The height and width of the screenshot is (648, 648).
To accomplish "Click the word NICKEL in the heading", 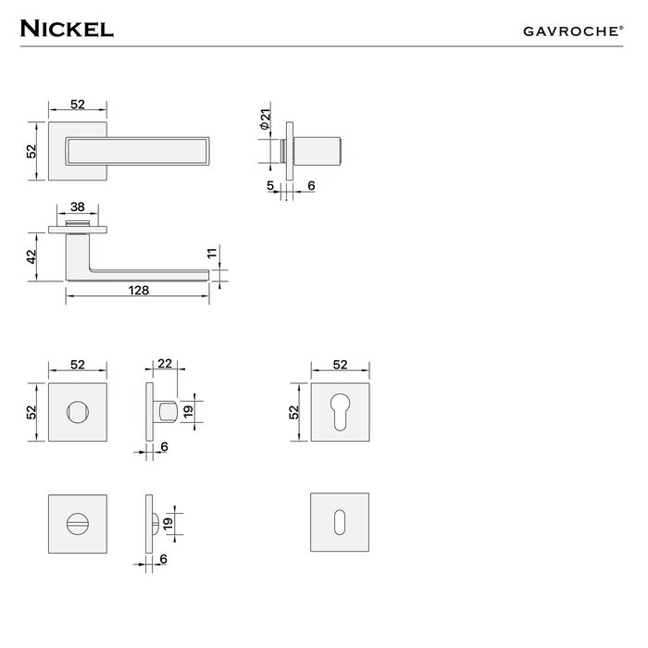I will pyautogui.click(x=66, y=28).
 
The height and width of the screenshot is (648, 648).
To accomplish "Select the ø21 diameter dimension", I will pyautogui.click(x=265, y=118).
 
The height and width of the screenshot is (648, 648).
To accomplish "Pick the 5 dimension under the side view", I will pyautogui.click(x=271, y=186).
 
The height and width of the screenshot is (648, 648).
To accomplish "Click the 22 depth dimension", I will pyautogui.click(x=165, y=365).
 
